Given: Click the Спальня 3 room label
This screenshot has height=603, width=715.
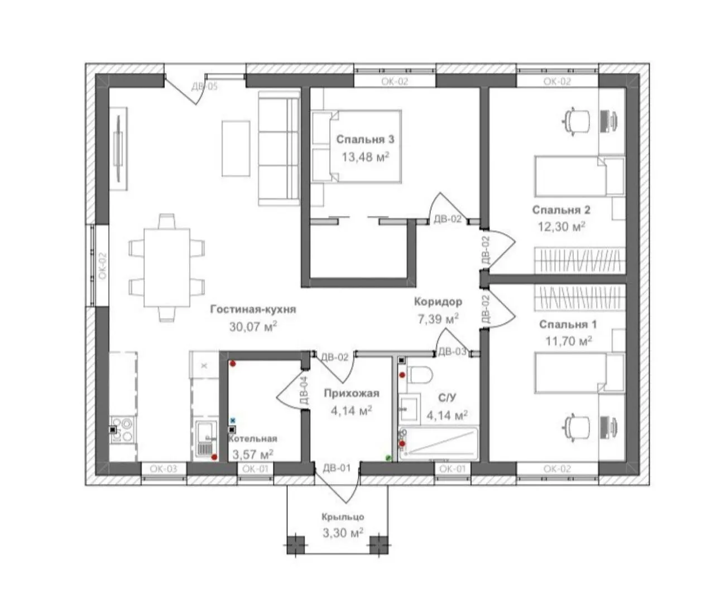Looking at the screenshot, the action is [365, 140].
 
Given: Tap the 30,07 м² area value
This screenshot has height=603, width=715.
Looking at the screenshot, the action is [253, 327].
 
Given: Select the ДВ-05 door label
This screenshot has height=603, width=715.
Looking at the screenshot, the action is [204, 87].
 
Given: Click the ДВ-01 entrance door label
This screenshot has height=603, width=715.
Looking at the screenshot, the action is [337, 468].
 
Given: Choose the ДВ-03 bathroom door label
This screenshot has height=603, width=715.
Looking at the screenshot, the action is [452, 351].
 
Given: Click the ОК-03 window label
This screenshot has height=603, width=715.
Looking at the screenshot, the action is [164, 468].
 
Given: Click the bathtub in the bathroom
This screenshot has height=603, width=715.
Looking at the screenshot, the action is [438, 443].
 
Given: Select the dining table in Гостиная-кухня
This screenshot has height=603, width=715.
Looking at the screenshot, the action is [167, 267].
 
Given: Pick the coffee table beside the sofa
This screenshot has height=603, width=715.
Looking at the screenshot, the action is [236, 149].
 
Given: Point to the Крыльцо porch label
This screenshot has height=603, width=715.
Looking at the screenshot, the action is [343, 516].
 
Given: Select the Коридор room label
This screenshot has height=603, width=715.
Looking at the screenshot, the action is [438, 301].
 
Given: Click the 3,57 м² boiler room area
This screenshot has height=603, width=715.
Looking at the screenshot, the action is [253, 454].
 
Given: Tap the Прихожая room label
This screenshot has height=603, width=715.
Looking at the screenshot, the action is [352, 393].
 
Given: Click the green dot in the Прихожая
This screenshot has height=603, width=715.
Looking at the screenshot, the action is [388, 457].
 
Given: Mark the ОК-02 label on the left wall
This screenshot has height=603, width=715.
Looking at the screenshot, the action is [102, 266].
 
